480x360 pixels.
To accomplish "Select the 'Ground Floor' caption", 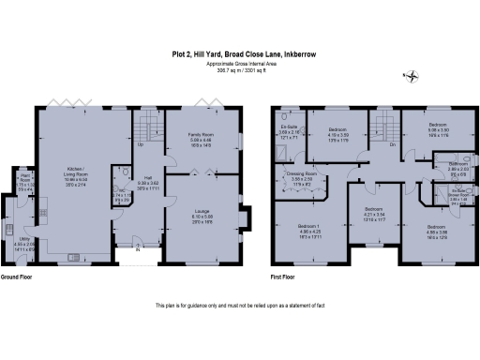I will [x=18, y=278].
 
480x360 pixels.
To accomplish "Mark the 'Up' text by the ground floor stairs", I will [x=141, y=145].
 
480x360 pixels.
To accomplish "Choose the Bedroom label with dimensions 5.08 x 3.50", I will [x=438, y=124].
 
